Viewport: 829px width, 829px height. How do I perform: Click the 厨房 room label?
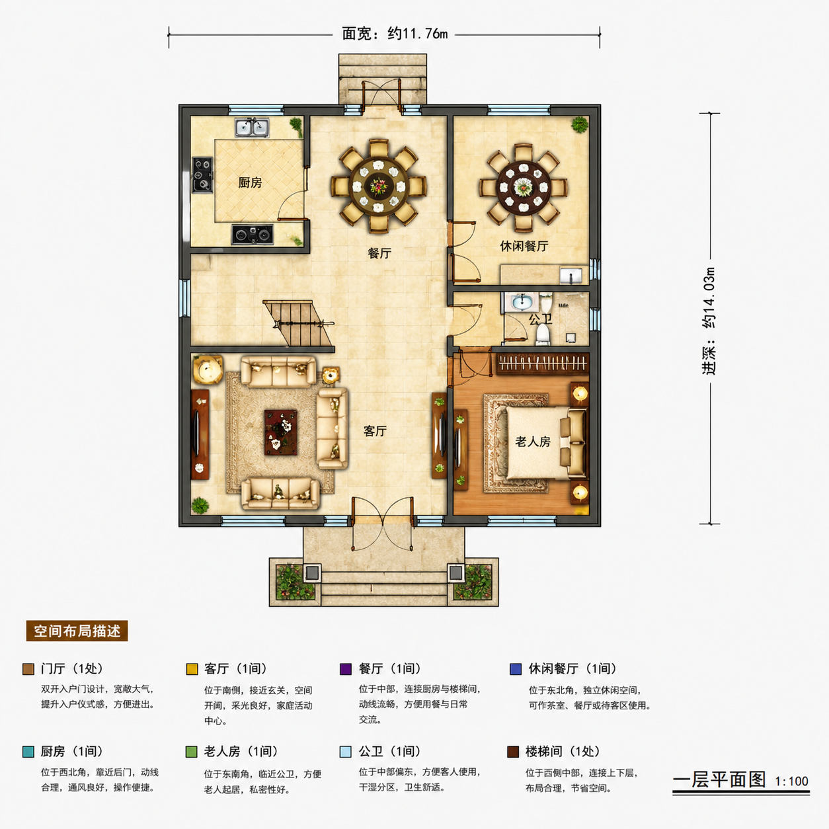(x=250, y=183)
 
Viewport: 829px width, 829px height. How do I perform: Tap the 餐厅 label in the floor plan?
(x=379, y=253)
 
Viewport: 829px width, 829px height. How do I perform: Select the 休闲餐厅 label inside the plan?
(x=524, y=246)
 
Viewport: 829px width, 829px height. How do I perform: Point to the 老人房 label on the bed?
(x=533, y=442)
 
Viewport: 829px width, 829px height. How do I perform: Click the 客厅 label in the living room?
(x=375, y=431)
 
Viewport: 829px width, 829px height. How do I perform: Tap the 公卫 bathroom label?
(x=540, y=319)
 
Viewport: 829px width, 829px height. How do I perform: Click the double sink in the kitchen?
(x=252, y=128)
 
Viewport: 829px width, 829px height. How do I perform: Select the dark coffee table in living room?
(x=281, y=432)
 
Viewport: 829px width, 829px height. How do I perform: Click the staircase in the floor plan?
(x=299, y=323)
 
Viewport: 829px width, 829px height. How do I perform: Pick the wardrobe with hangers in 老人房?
(x=543, y=364)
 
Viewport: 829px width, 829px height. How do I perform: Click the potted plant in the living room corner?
(x=200, y=505)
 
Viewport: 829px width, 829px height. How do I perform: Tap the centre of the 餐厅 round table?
(x=379, y=186)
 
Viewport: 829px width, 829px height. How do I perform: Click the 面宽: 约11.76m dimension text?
(x=395, y=34)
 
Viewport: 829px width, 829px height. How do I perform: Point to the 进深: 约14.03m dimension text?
(x=709, y=321)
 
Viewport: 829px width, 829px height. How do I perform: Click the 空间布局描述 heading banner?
(x=77, y=631)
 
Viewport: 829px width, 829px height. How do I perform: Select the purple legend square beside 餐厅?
(x=346, y=669)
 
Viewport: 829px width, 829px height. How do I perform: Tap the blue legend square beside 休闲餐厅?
(x=516, y=669)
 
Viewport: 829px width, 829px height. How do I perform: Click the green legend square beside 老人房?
(x=192, y=752)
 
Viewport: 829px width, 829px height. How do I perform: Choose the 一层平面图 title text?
(x=719, y=779)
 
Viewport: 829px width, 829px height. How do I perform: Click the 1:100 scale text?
(x=791, y=781)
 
